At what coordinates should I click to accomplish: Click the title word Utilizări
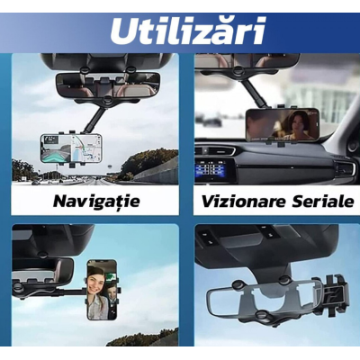pyautogui.click(x=187, y=30)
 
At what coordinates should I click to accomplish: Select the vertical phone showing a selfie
pyautogui.click(x=102, y=289)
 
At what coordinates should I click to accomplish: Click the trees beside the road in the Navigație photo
pyautogui.click(x=139, y=162)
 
